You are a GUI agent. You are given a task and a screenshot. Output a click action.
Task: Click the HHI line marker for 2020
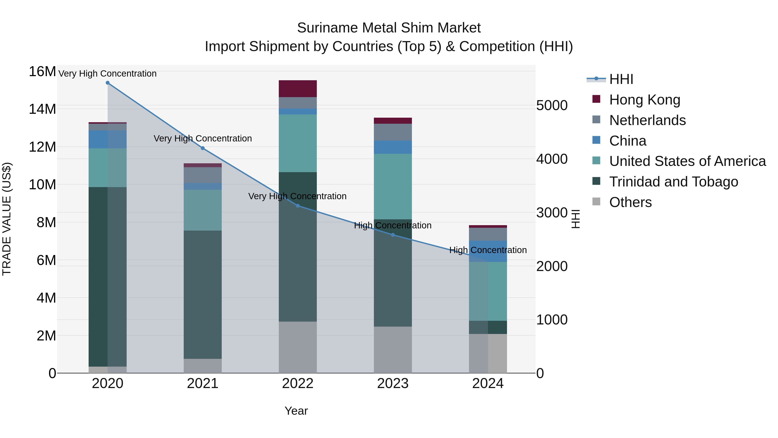coord(108,83)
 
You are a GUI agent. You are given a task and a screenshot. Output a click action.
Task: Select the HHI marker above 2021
coord(203,148)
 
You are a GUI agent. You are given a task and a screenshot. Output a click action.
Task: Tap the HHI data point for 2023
coord(393,235)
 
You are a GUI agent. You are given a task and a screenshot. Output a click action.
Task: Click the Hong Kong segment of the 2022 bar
coord(298,88)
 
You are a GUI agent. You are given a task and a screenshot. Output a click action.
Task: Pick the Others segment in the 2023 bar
coord(393,350)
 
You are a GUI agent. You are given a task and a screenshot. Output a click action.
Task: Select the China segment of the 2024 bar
coord(488,251)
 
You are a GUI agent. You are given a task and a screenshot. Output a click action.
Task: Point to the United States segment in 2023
coord(393,186)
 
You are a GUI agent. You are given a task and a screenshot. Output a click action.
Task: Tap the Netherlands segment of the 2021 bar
coord(203,175)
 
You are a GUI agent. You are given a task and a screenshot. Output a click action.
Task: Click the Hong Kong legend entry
coord(644,100)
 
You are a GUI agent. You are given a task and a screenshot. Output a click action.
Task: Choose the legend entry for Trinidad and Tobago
coord(673,182)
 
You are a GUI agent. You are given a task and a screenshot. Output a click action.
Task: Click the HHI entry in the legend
coord(621,79)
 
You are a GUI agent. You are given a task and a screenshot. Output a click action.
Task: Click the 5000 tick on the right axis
coord(552,106)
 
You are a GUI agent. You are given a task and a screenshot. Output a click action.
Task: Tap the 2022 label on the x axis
coord(298,383)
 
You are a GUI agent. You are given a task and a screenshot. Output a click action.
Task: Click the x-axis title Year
coord(296,411)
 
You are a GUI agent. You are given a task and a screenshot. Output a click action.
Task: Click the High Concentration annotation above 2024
coord(488,250)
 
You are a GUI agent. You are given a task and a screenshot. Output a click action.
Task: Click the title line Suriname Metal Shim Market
coord(389,28)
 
